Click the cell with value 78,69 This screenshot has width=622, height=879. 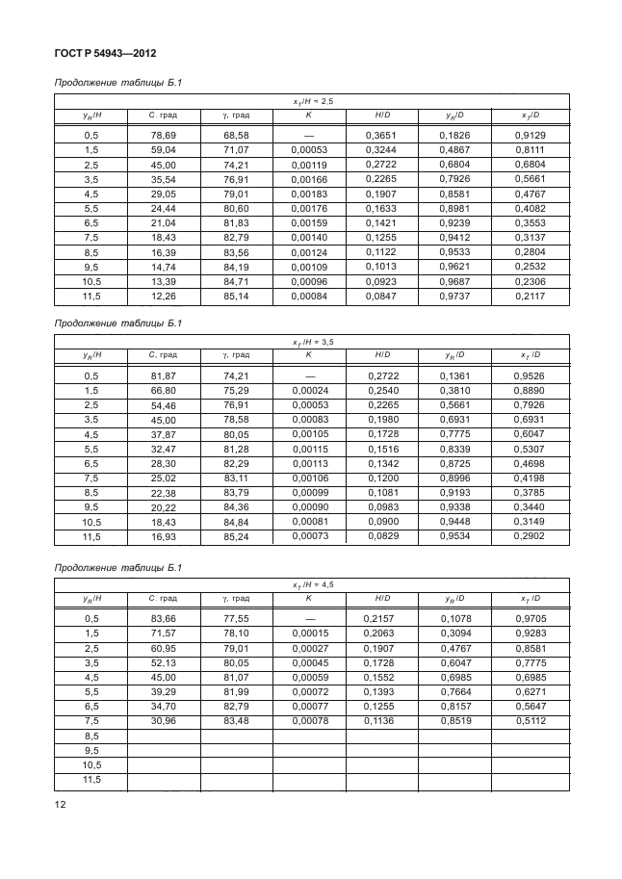coord(159,136)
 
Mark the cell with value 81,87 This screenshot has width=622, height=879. coord(159,376)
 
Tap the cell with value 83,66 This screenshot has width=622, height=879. coord(159,617)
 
